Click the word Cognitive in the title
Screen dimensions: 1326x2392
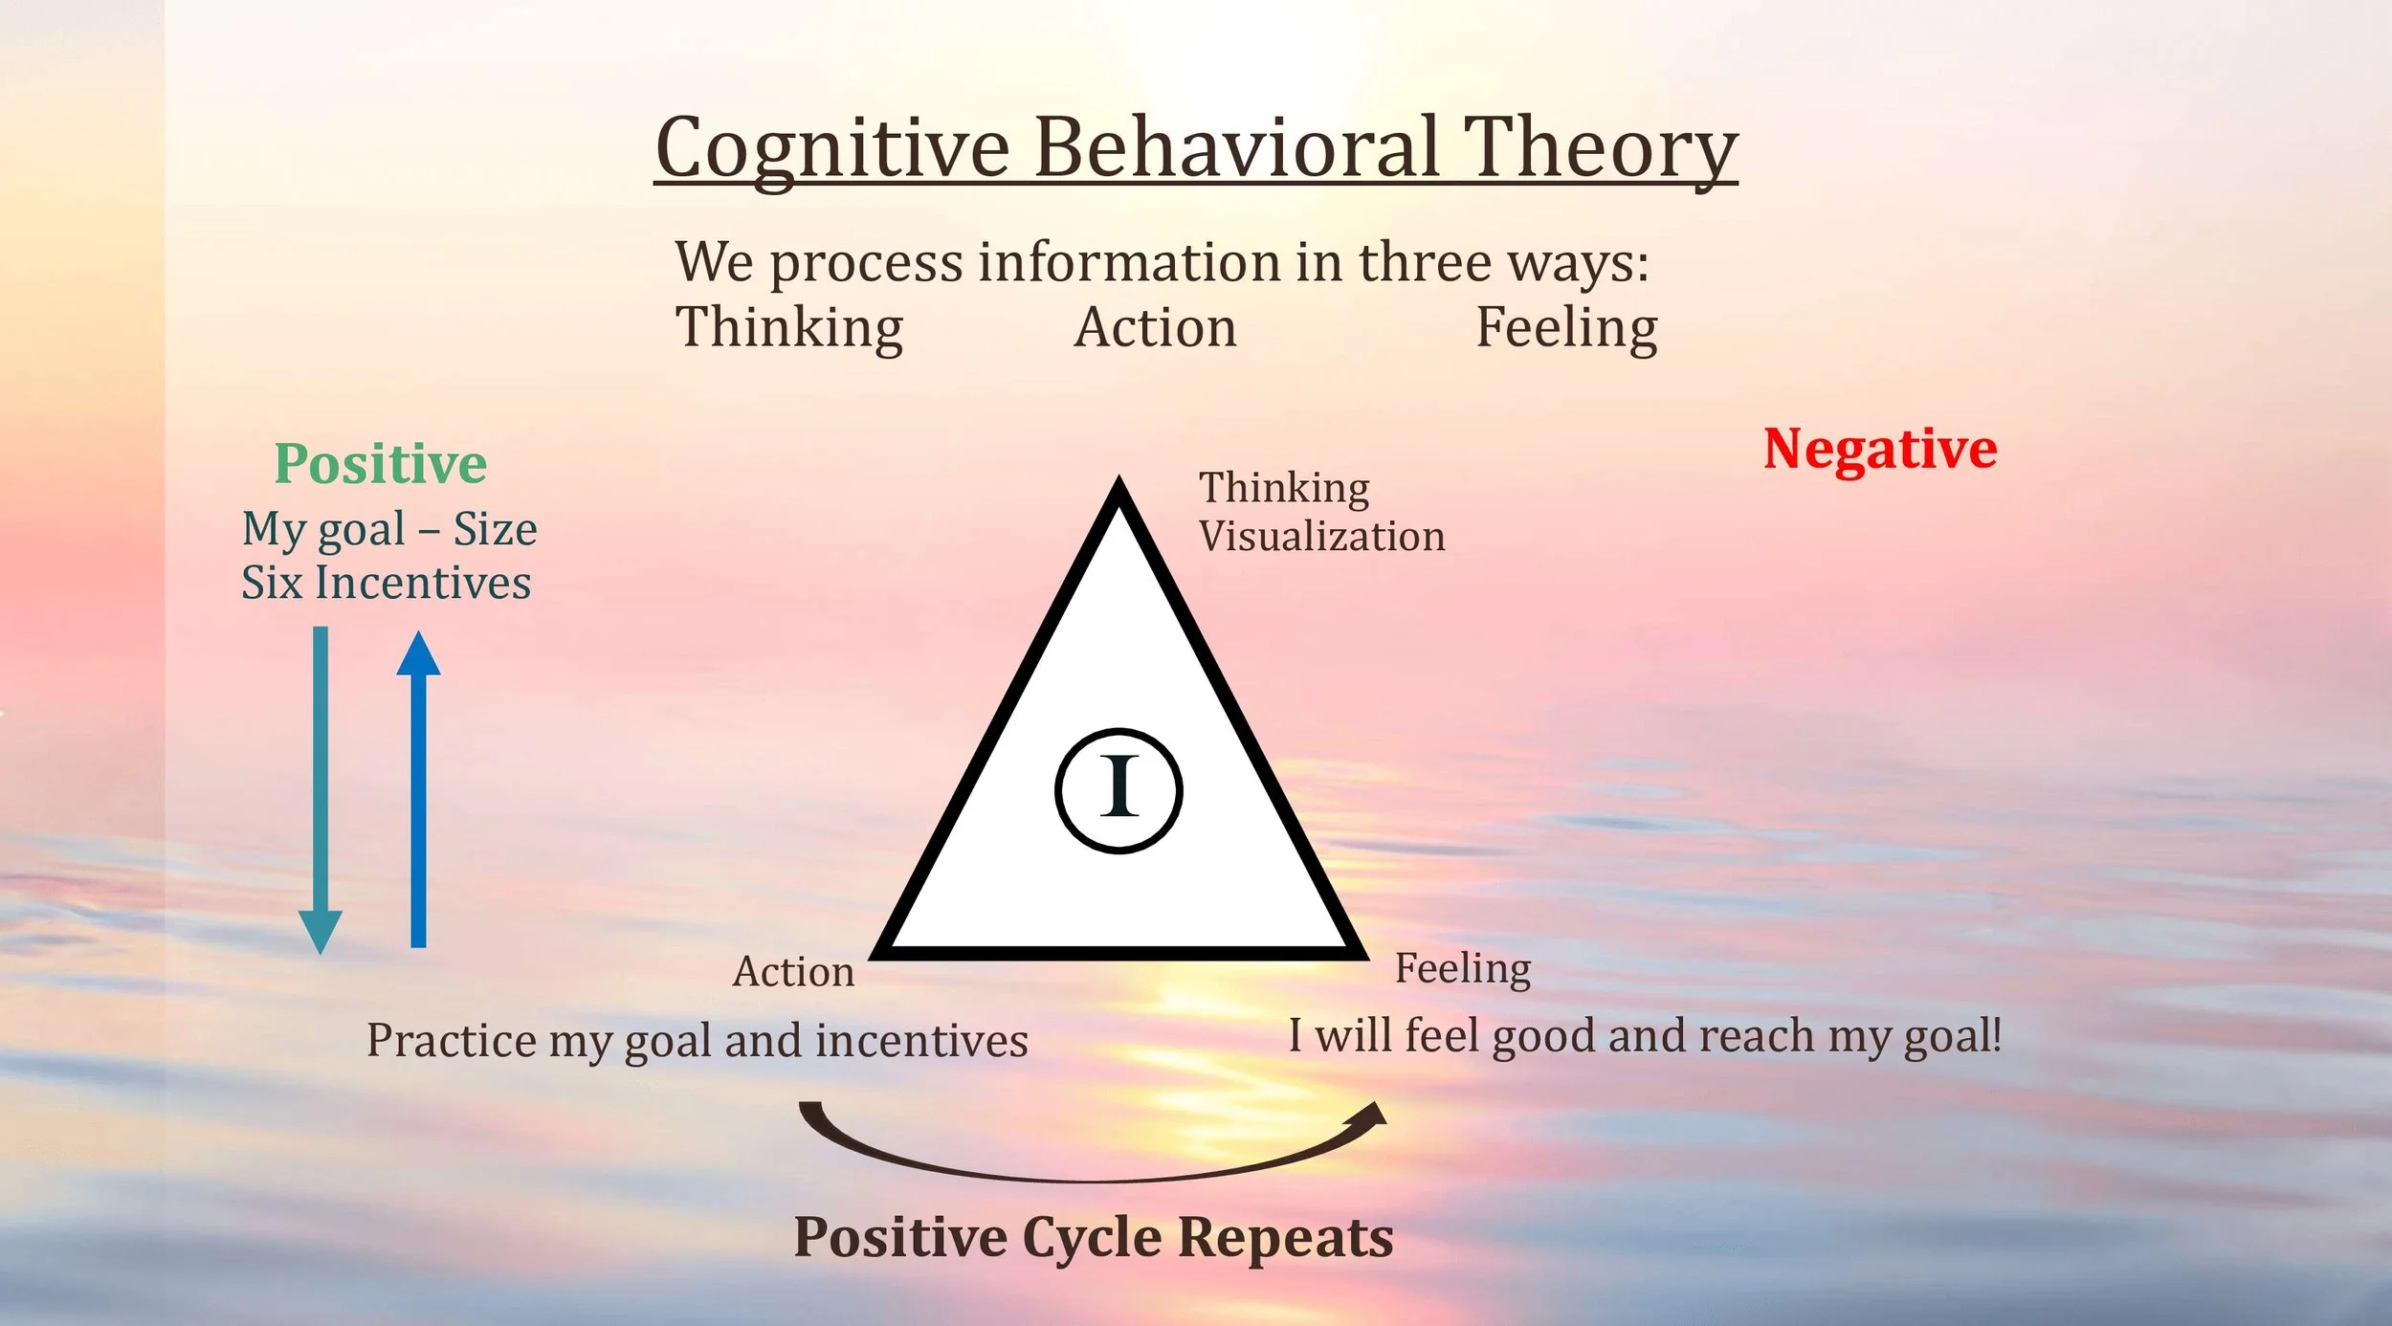(x=832, y=148)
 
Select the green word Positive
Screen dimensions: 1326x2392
(x=381, y=464)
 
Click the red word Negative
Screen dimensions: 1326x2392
(x=1880, y=449)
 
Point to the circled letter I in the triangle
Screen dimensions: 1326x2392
(x=1118, y=789)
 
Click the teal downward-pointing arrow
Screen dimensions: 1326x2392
(x=321, y=785)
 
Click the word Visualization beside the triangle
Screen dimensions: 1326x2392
(x=1321, y=537)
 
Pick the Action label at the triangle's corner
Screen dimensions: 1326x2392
(x=793, y=972)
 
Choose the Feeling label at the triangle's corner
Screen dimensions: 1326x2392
(x=1462, y=969)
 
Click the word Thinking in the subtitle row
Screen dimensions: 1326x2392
(x=789, y=327)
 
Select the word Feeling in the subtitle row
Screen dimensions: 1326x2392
(x=1566, y=327)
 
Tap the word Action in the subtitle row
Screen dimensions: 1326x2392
(x=1155, y=327)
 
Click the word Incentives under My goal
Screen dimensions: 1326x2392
(x=423, y=583)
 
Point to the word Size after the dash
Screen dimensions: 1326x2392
(x=495, y=529)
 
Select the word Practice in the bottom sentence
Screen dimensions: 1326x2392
(x=452, y=1041)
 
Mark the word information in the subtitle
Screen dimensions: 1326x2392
(x=1129, y=262)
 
